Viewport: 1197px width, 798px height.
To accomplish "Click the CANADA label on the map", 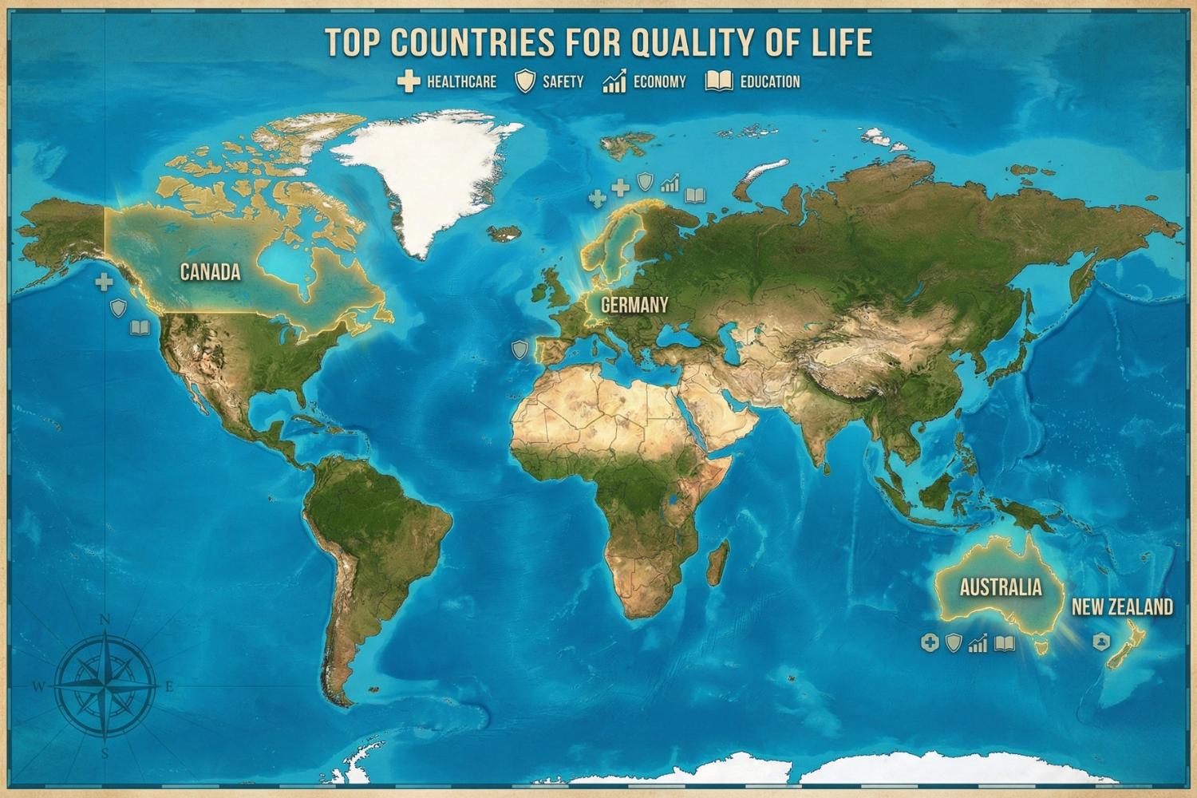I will (210, 272).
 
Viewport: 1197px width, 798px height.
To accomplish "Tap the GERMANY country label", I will (634, 305).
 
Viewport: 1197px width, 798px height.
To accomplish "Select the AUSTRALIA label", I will (1001, 588).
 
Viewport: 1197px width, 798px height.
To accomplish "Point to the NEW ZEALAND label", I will (1122, 607).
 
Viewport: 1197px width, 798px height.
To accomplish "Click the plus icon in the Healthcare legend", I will (409, 81).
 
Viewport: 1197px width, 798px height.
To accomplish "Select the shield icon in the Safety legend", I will (525, 81).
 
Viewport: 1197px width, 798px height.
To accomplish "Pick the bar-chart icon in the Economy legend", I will (614, 81).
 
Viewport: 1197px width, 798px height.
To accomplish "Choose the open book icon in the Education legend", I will (719, 81).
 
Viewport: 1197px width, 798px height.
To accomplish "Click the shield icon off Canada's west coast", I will (118, 307).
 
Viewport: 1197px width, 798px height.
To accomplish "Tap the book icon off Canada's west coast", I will (140, 328).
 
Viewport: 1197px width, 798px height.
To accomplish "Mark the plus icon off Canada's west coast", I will (104, 281).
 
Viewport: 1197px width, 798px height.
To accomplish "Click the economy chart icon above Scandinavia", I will (670, 184).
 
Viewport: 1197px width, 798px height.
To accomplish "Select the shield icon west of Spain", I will (519, 349).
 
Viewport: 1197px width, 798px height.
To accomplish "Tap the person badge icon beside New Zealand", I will (1101, 641).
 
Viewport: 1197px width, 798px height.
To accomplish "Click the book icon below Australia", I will (1005, 643).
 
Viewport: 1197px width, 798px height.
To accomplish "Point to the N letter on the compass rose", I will (105, 619).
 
